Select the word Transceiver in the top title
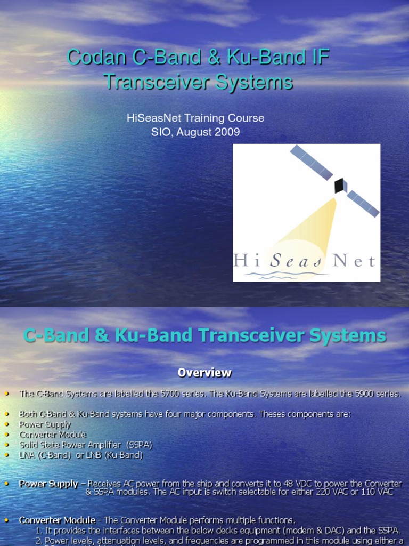tap(152, 82)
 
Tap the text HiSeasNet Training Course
tap(195, 118)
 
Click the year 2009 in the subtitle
tap(226, 132)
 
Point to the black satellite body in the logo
tap(339, 186)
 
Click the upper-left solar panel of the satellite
tap(311, 162)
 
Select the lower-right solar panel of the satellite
tap(363, 204)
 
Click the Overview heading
tap(204, 373)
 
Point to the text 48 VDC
tap(312, 484)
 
